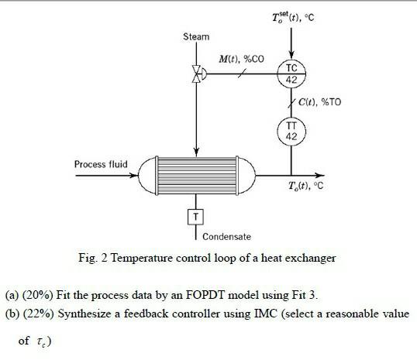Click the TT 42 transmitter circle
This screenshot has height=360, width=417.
[x=291, y=129]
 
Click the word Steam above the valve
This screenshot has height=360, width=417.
[x=196, y=36]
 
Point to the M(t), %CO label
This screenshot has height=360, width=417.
[x=241, y=60]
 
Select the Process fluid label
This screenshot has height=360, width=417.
[x=101, y=164]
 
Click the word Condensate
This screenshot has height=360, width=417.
[x=226, y=236]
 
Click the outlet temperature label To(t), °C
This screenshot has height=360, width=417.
[x=305, y=187]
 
